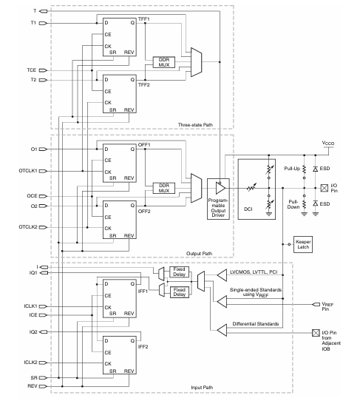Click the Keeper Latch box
click(302, 243)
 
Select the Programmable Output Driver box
click(220, 193)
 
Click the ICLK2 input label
click(29, 362)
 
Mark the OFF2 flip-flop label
click(144, 211)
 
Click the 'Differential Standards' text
click(255, 323)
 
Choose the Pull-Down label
click(293, 202)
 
